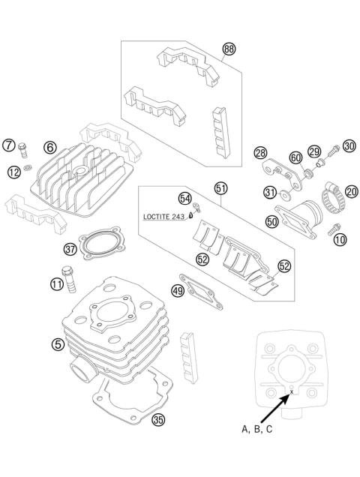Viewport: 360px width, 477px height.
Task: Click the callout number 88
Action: tap(229, 49)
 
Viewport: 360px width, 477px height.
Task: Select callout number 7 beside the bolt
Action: tap(8, 145)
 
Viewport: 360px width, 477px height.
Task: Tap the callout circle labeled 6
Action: tap(50, 148)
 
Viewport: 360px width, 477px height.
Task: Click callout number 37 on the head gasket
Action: tap(70, 248)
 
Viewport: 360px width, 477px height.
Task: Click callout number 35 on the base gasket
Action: tap(157, 419)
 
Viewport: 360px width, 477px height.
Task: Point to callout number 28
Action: tap(260, 153)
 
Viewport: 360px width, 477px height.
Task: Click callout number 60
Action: tap(295, 157)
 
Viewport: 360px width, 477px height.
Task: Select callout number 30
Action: tap(349, 145)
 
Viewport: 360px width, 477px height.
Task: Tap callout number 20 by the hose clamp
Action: tap(350, 191)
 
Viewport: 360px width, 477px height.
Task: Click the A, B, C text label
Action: tap(257, 429)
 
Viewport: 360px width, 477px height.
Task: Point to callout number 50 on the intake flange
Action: tap(272, 222)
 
